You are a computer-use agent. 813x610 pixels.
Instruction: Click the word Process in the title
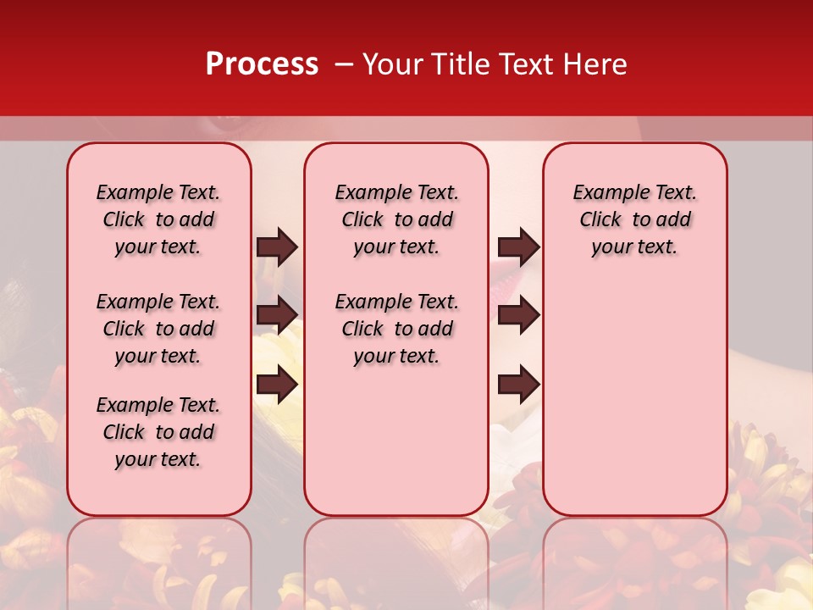(x=262, y=64)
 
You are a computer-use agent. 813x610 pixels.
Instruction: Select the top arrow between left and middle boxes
(x=277, y=247)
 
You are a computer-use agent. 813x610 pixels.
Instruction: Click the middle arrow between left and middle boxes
(x=277, y=315)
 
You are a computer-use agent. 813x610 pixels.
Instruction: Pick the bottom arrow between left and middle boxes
(x=277, y=384)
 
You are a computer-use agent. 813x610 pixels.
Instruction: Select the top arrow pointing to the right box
(x=518, y=247)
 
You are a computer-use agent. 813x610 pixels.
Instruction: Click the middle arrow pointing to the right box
(x=518, y=315)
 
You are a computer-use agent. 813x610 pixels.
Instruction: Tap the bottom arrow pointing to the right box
(x=518, y=384)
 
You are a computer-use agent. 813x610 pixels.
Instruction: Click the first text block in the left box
(x=158, y=219)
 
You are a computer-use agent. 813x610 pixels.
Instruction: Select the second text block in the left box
(x=158, y=329)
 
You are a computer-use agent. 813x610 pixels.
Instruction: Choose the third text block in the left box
(x=158, y=432)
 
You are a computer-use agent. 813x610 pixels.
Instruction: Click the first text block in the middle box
(x=396, y=219)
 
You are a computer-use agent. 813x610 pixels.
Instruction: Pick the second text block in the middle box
(x=396, y=329)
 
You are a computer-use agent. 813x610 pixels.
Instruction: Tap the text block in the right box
(x=634, y=219)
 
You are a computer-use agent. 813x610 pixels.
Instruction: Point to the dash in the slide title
(x=344, y=64)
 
